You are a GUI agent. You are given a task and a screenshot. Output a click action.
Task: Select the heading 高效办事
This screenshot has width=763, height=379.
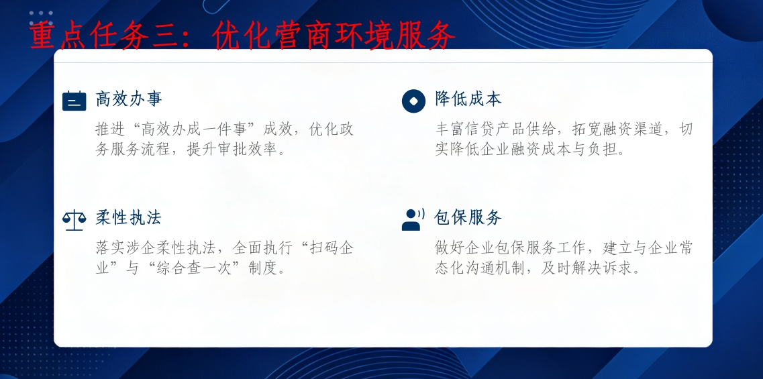point(128,99)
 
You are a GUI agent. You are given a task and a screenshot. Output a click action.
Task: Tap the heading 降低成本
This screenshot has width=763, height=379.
point(468,99)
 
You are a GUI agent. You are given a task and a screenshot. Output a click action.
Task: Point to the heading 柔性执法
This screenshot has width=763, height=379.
point(128,218)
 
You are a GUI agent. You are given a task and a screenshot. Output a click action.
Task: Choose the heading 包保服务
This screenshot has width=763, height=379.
point(468,218)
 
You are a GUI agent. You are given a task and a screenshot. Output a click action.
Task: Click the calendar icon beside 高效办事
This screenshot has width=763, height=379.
point(74,101)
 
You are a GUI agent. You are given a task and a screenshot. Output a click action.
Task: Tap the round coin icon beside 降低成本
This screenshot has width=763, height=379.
point(413,101)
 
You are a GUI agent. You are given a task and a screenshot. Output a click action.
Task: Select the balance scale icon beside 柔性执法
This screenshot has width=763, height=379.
point(74,220)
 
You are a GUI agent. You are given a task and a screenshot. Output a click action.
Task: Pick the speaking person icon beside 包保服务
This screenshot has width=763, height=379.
point(413,219)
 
